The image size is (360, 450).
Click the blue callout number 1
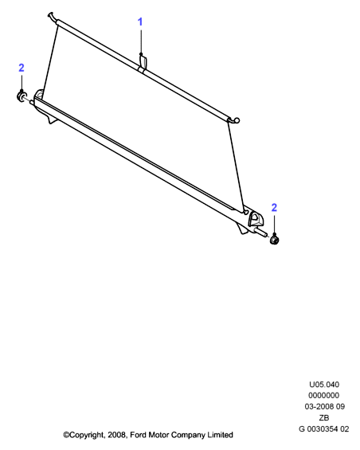[140, 22]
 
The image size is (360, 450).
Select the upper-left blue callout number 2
[22, 68]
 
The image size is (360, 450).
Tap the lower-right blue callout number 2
[274, 208]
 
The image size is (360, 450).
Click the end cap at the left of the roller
[22, 96]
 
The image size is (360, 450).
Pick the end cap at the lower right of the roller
[275, 240]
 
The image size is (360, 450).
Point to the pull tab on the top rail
[143, 64]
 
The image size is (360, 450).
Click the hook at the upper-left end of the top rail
[53, 17]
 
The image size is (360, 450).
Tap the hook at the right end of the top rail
[235, 120]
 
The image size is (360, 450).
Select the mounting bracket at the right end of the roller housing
[256, 220]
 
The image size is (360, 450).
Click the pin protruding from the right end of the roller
[262, 233]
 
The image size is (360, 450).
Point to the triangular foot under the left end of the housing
[52, 119]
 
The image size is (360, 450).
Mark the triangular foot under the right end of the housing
[243, 229]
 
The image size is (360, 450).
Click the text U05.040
[324, 384]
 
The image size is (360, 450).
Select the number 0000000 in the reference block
[324, 396]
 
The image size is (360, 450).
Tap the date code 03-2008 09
[325, 406]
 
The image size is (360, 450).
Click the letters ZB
[324, 417]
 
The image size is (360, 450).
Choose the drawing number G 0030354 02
[324, 428]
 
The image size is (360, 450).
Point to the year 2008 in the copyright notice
[116, 435]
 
